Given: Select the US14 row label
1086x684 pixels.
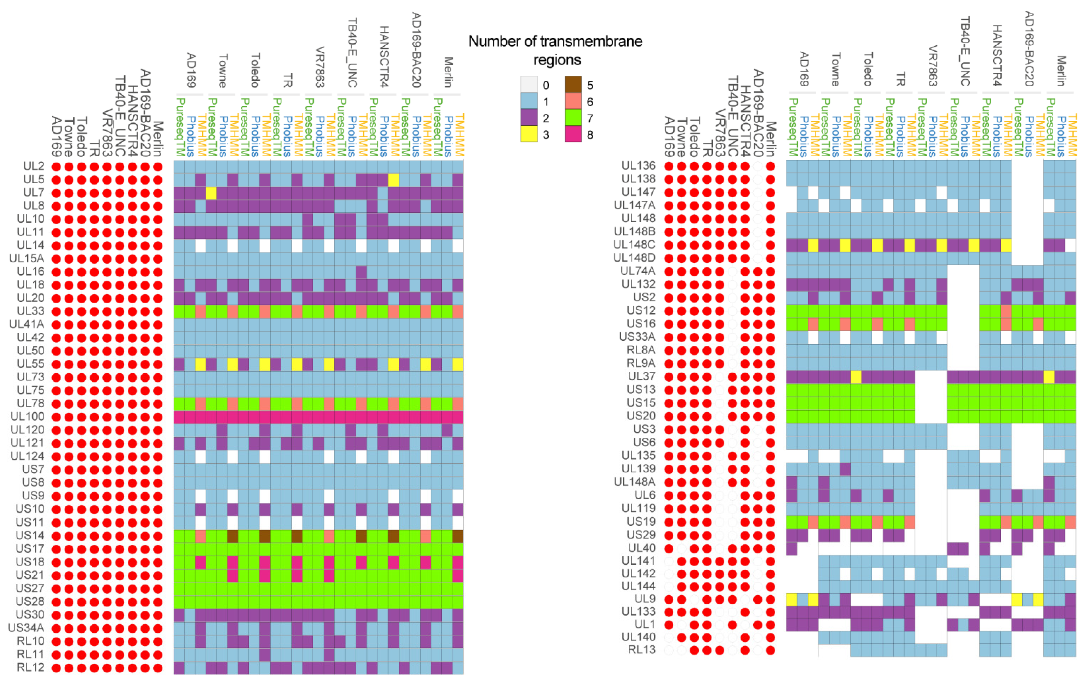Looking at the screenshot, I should click(x=30, y=536).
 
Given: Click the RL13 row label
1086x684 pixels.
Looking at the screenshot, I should click(x=642, y=650).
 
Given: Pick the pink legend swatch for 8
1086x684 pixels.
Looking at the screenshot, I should click(x=573, y=134).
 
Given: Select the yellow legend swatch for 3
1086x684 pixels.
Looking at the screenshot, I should click(x=529, y=134).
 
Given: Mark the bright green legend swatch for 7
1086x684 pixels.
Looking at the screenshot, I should click(x=573, y=118).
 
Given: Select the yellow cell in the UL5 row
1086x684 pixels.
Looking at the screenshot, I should click(x=393, y=180).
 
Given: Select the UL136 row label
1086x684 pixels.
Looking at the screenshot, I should click(x=638, y=166).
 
